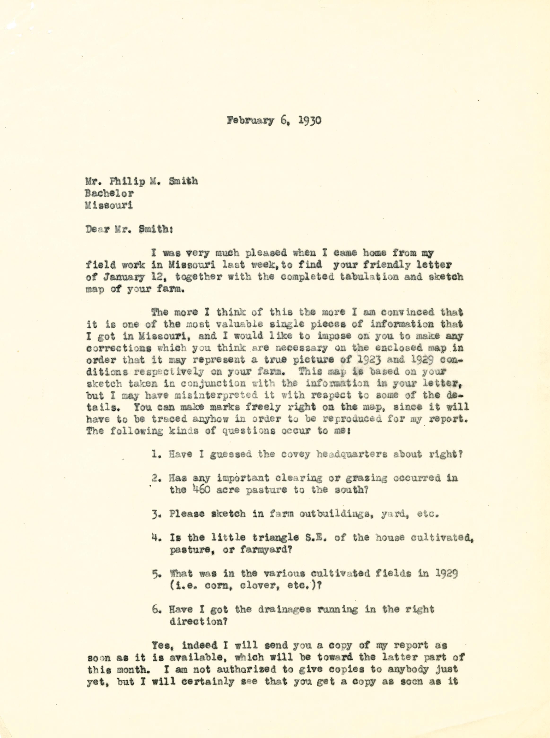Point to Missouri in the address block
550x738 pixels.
point(109,205)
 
